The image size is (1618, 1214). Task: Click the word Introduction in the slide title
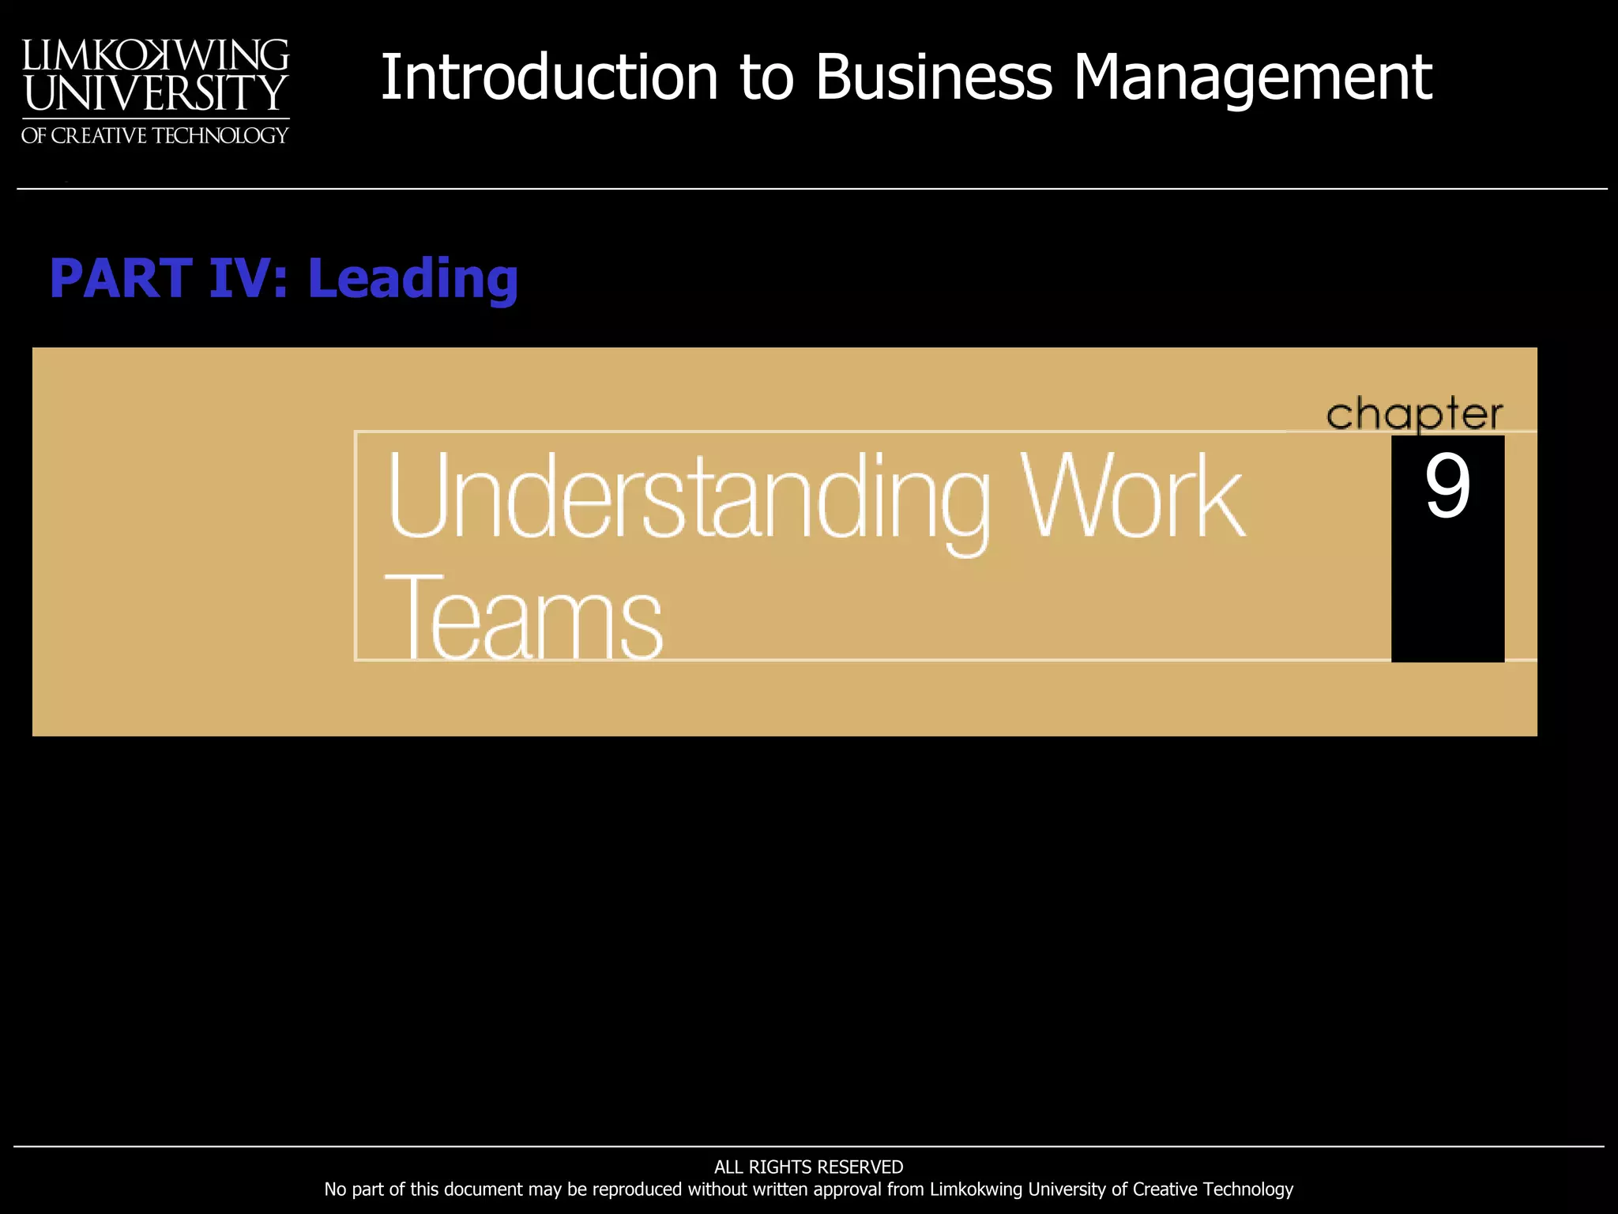coord(549,77)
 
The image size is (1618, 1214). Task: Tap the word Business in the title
coord(934,77)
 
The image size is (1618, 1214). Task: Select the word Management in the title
coord(1252,79)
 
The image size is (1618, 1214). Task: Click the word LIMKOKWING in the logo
coord(156,55)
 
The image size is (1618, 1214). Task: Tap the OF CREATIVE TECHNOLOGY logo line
coord(155,136)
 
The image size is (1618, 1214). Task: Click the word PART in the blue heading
coord(120,278)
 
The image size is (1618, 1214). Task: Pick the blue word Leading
coord(412,280)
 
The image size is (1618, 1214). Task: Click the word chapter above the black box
coord(1414,414)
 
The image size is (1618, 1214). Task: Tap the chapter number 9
coord(1447,487)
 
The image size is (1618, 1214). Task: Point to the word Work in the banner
coord(1132,496)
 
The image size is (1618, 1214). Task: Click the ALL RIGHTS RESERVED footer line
coord(808,1167)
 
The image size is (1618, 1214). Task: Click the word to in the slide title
coord(766,79)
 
